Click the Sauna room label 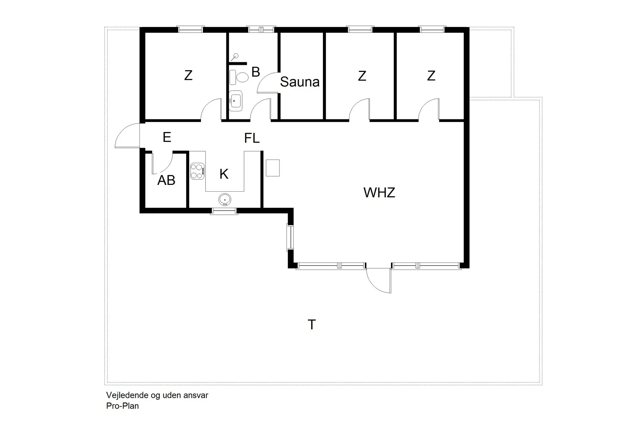click(300, 82)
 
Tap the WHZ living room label click(379, 193)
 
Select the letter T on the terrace click(312, 325)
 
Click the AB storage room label click(166, 181)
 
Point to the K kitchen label click(224, 174)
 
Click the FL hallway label click(252, 138)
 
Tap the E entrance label click(167, 137)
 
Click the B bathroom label click(255, 72)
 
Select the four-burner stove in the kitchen click(197, 171)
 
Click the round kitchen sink click(225, 200)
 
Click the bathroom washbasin click(235, 100)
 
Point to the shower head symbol click(236, 57)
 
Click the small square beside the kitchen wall click(273, 168)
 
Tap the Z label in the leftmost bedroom click(188, 76)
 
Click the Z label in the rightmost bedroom click(431, 76)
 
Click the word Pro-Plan click(122, 406)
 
